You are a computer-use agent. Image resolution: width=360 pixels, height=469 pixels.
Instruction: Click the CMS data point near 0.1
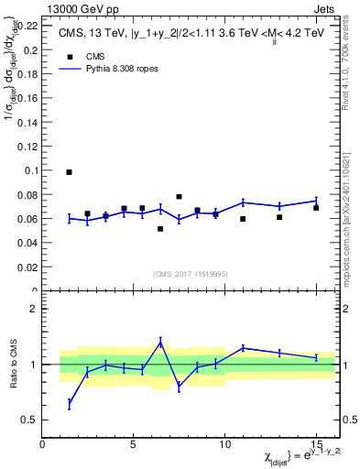(x=70, y=172)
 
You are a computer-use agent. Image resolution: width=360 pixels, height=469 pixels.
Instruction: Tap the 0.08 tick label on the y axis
(x=28, y=195)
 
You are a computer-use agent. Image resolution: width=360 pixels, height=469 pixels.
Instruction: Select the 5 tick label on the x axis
(x=134, y=443)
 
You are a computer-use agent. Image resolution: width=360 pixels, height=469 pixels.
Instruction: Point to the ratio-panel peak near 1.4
(x=160, y=342)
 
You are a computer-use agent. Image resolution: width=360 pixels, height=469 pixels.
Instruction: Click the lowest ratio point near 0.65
(x=70, y=403)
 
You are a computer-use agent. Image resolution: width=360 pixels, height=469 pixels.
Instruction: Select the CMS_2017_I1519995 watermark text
(x=191, y=272)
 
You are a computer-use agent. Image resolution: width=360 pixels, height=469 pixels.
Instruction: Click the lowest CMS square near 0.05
(x=160, y=229)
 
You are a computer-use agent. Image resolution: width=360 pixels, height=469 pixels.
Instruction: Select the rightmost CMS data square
(x=315, y=208)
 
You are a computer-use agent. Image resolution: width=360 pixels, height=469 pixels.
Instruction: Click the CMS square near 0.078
(x=179, y=197)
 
